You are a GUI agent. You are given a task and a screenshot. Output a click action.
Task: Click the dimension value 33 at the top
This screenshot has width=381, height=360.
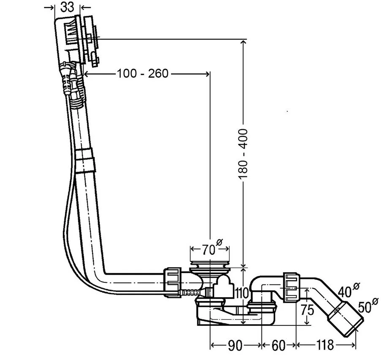click(67, 7)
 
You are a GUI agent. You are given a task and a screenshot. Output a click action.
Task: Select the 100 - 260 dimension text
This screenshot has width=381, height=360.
click(143, 73)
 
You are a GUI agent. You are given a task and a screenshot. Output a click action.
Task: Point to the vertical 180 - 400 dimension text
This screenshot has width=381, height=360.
click(243, 154)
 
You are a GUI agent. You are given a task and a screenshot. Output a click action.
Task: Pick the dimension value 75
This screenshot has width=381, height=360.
click(307, 310)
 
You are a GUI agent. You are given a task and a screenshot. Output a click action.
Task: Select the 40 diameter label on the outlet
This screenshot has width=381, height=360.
click(349, 290)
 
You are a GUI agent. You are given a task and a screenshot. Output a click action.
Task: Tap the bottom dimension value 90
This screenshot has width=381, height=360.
click(235, 345)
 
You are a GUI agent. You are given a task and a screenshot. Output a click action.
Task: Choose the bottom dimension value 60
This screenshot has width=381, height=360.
click(278, 345)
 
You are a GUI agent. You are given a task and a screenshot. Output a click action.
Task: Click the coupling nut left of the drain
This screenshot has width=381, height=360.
click(172, 282)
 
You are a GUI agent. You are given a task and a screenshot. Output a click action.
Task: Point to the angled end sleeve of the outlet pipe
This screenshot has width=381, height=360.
click(345, 319)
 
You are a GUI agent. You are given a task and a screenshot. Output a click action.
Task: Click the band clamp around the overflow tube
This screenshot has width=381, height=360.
click(84, 161)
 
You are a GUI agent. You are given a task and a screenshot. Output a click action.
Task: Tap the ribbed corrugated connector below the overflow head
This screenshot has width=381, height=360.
click(78, 92)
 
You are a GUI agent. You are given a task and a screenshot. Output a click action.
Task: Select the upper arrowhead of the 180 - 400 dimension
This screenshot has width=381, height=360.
click(243, 42)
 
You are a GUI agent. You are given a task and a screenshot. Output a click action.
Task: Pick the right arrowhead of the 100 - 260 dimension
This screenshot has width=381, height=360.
click(207, 73)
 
